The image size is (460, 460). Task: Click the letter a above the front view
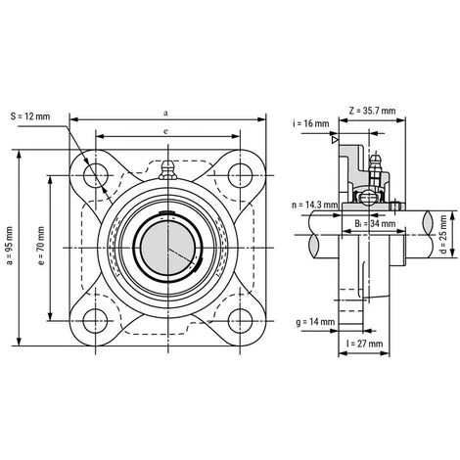166,114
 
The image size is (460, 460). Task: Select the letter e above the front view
166,130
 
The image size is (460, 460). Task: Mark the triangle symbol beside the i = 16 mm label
335,142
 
